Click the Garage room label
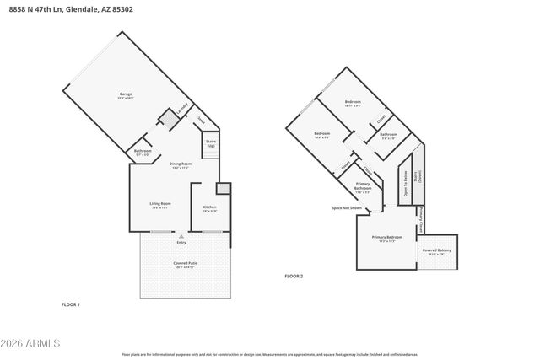[x=125, y=94]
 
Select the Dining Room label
[x=181, y=164]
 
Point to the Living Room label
[x=160, y=204]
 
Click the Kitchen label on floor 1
[x=209, y=207]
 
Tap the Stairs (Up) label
[x=211, y=143]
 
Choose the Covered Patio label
[x=184, y=264]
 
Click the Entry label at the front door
[x=181, y=243]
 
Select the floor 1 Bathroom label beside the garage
[x=143, y=152]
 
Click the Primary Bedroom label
[x=387, y=239]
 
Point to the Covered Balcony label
[x=437, y=251]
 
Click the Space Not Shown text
[x=347, y=207]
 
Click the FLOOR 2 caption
[x=293, y=276]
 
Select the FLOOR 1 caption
[x=70, y=304]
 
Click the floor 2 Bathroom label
[x=388, y=135]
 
